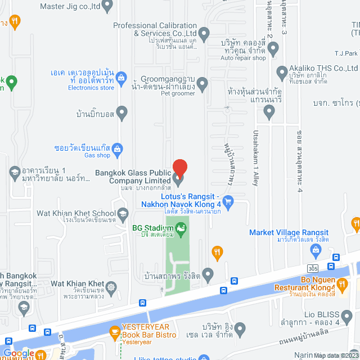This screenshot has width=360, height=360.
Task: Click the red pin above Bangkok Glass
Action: (x=179, y=168)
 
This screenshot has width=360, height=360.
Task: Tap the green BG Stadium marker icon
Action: (x=181, y=228)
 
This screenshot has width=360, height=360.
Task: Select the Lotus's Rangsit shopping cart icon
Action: (x=228, y=201)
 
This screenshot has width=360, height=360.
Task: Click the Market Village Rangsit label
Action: (x=289, y=233)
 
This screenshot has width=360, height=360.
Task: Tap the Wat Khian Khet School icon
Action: (x=123, y=214)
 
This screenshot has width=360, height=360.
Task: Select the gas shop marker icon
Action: (x=117, y=149)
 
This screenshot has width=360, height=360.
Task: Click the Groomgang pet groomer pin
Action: (x=202, y=84)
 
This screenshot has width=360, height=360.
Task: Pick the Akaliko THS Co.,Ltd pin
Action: (x=282, y=73)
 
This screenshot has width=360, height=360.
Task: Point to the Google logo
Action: (x=19, y=353)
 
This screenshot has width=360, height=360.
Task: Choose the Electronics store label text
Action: (x=91, y=88)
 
